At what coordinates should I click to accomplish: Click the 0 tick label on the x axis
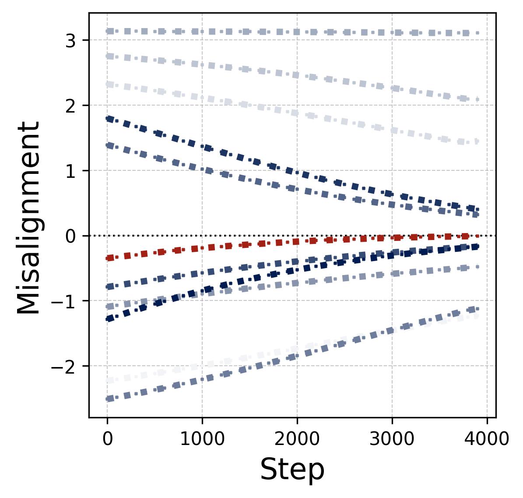coord(107,438)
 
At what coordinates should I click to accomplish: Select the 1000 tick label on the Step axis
coord(202,438)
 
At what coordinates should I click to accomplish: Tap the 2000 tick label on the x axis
coord(297,438)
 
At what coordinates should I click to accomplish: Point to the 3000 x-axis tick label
coord(392,438)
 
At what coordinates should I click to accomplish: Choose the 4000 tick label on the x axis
coord(487,438)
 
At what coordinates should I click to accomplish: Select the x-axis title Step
coord(292,470)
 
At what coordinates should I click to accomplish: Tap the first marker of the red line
coord(110,258)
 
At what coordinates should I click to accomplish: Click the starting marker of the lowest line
coord(110,399)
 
